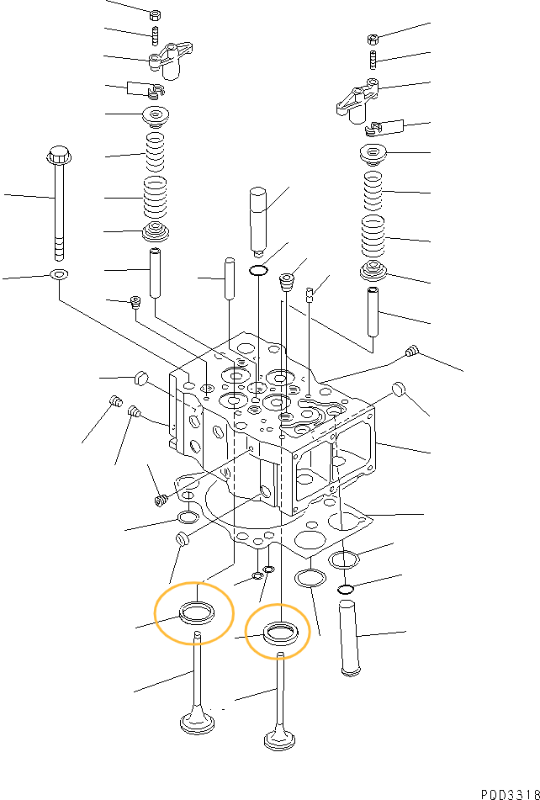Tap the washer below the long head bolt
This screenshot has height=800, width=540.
60,275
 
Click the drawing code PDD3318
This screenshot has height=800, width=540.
510,794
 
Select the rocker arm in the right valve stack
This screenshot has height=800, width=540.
358,102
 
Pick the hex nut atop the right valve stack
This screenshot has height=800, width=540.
373,39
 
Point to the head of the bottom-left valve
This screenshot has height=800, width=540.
198,723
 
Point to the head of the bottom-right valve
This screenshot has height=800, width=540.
280,739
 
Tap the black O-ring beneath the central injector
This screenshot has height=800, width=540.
259,270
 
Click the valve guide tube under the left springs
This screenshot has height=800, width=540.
156,273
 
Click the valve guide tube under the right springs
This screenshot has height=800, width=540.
373,312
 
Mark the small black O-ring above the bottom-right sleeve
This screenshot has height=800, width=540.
347,591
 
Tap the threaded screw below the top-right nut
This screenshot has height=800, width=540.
373,61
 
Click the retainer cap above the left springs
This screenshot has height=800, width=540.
156,117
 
